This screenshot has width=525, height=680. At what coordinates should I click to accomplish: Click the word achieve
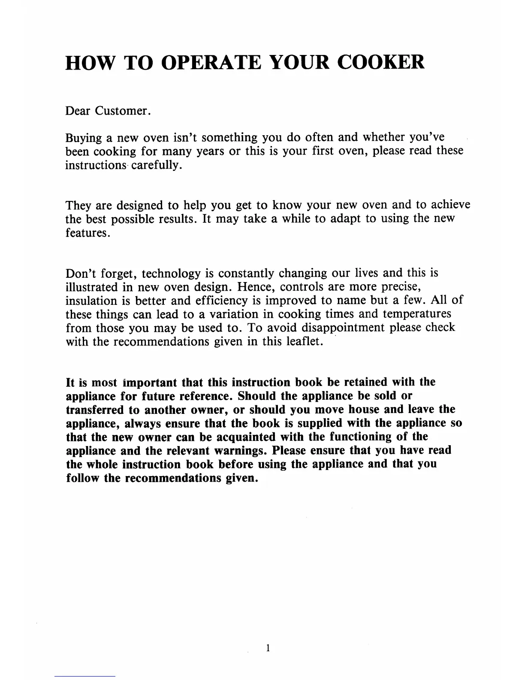450,205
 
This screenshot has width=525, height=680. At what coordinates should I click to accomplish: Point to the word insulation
91,301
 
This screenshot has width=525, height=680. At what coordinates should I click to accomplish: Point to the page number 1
268,648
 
